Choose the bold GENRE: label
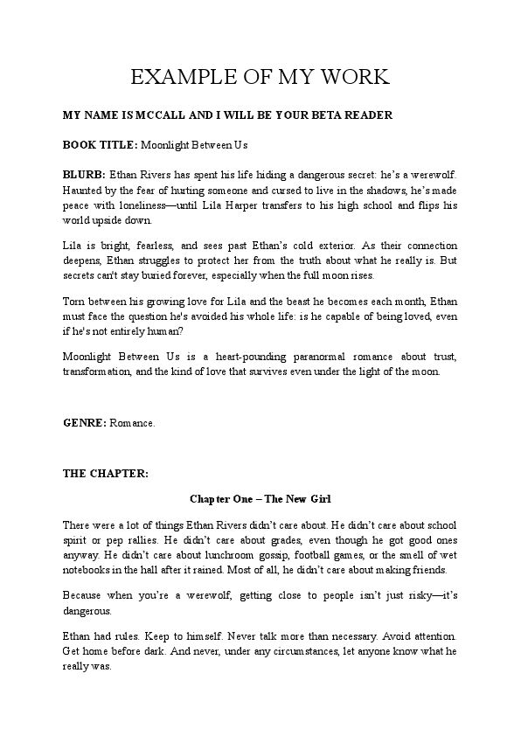pos(85,422)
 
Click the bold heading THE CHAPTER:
pos(106,473)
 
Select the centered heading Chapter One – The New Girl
pos(260,499)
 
